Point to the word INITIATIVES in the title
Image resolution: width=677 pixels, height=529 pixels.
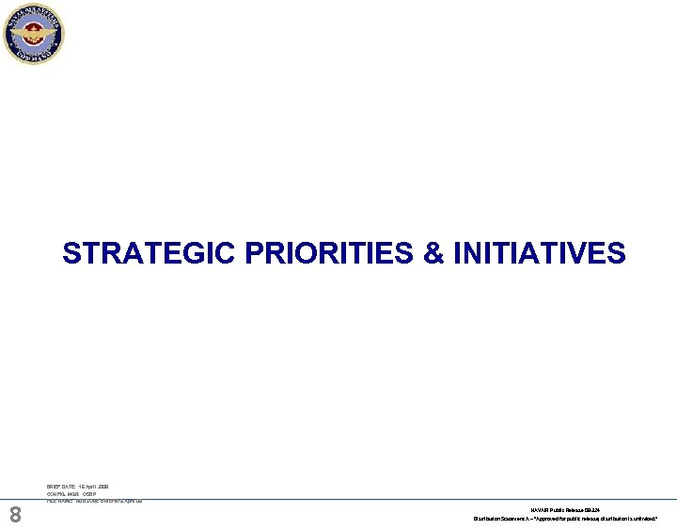click(x=539, y=254)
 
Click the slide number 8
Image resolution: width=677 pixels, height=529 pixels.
click(x=15, y=515)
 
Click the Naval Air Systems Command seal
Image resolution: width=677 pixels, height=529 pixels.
click(x=33, y=34)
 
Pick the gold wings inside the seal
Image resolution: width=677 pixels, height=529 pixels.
click(x=33, y=34)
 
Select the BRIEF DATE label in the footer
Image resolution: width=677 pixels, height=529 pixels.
click(x=61, y=487)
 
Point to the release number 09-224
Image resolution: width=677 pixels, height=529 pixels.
click(x=591, y=509)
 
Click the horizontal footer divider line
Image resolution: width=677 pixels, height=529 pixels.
click(x=376, y=499)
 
